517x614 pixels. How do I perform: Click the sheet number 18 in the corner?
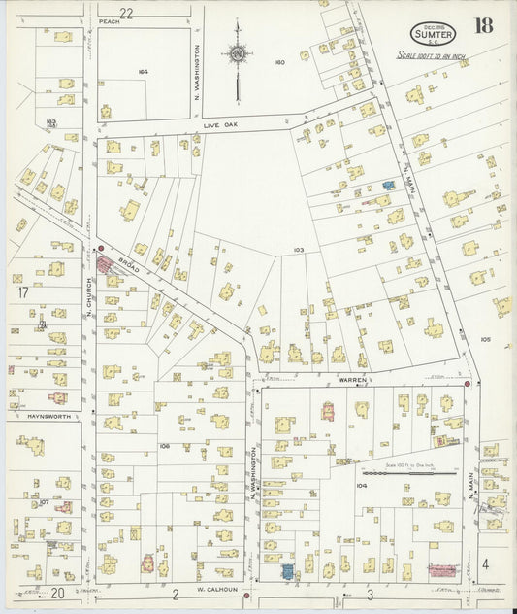click(x=482, y=26)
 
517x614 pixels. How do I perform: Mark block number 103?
click(x=299, y=250)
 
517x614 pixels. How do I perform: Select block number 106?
click(x=165, y=446)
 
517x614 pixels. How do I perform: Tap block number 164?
click(x=143, y=71)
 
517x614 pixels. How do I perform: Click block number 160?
click(x=279, y=62)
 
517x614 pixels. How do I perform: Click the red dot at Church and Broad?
click(x=100, y=248)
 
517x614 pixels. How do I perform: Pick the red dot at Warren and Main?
click(x=468, y=384)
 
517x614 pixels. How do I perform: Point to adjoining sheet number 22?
click(x=125, y=11)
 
